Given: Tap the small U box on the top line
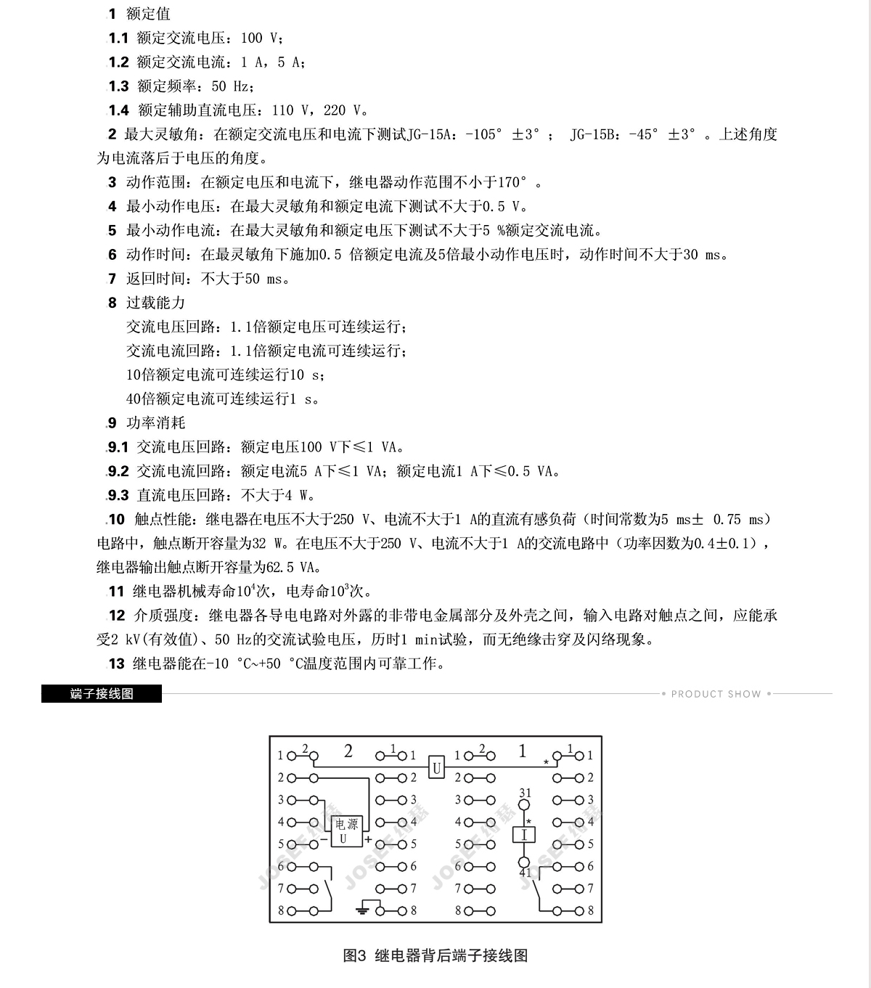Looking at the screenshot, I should pyautogui.click(x=435, y=766).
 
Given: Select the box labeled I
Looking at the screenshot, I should pyautogui.click(x=524, y=835).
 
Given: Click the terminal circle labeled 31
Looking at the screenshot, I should pyautogui.click(x=525, y=805).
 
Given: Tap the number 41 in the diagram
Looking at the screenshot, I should pyautogui.click(x=526, y=873).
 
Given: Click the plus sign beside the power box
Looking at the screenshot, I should pyautogui.click(x=368, y=840).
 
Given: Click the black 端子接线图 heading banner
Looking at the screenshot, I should pyautogui.click(x=102, y=693).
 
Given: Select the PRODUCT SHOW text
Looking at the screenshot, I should pyautogui.click(x=716, y=694).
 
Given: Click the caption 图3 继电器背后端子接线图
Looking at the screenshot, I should pyautogui.click(x=435, y=955).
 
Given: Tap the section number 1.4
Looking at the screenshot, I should pyautogui.click(x=118, y=110).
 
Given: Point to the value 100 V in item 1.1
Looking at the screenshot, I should pyautogui.click(x=258, y=38).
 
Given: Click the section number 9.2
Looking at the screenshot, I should pyautogui.click(x=118, y=471).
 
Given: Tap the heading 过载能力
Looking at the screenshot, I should pyautogui.click(x=155, y=303).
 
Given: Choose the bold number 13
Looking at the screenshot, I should pyautogui.click(x=116, y=664).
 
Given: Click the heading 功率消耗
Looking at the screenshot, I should pyautogui.click(x=155, y=422).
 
